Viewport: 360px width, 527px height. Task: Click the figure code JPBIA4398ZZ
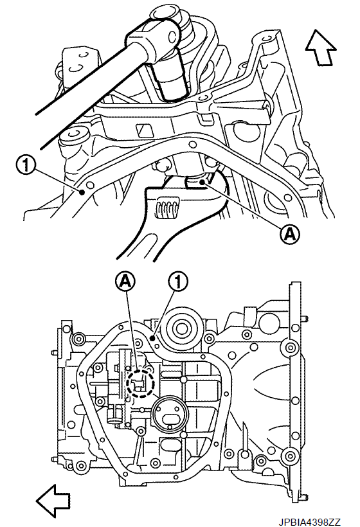pyautogui.click(x=309, y=522)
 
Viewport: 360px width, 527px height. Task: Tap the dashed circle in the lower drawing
pyautogui.click(x=140, y=383)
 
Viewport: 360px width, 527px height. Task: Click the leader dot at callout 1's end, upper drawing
pyautogui.click(x=82, y=192)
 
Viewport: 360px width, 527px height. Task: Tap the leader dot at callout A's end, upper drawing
pyautogui.click(x=201, y=182)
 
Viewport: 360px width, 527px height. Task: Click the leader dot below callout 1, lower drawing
pyautogui.click(x=152, y=339)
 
